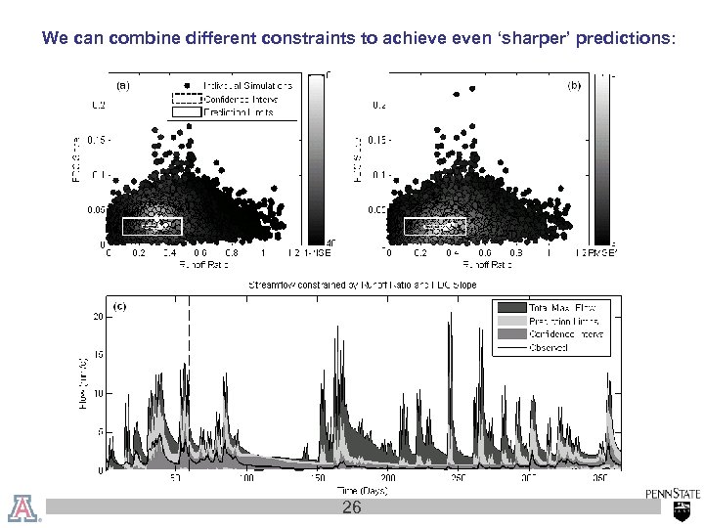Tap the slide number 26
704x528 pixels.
(351, 507)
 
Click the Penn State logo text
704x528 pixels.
(673, 495)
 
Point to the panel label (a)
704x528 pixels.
(123, 86)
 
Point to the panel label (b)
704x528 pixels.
(575, 86)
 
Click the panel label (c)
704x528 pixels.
(122, 306)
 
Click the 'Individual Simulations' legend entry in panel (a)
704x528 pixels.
(250, 85)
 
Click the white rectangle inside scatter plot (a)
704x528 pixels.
(152, 226)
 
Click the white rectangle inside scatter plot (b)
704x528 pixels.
(435, 226)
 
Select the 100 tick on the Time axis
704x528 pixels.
(249, 478)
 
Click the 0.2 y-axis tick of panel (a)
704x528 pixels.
(99, 105)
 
